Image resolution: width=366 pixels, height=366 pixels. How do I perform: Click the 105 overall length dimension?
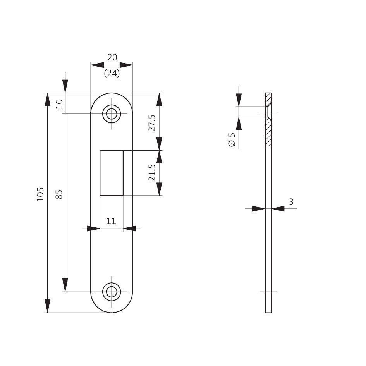click(40, 194)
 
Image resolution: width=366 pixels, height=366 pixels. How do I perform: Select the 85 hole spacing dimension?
click(59, 194)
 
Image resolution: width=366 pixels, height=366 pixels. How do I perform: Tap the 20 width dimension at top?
click(112, 57)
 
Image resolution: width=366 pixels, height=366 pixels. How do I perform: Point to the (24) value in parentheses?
click(112, 74)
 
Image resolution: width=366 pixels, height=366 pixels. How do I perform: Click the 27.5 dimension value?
click(152, 123)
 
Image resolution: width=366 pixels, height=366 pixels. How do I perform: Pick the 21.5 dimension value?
click(152, 172)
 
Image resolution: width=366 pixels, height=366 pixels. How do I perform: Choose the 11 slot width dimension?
click(111, 221)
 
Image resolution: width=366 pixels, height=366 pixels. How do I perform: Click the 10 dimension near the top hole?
click(59, 104)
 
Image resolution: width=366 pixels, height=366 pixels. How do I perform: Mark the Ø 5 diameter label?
click(232, 139)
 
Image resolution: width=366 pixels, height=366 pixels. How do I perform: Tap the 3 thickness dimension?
click(291, 202)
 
